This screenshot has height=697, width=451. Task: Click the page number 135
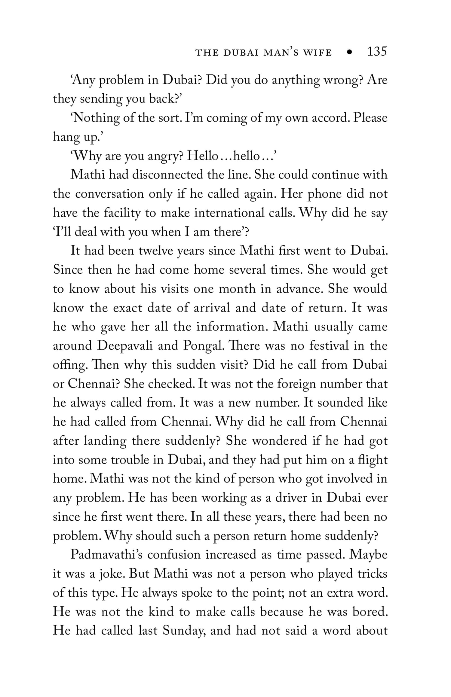(x=377, y=52)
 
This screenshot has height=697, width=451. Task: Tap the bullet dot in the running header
(x=349, y=52)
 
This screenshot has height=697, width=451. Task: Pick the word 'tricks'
(x=373, y=574)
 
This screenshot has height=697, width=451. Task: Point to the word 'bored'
(x=370, y=612)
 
